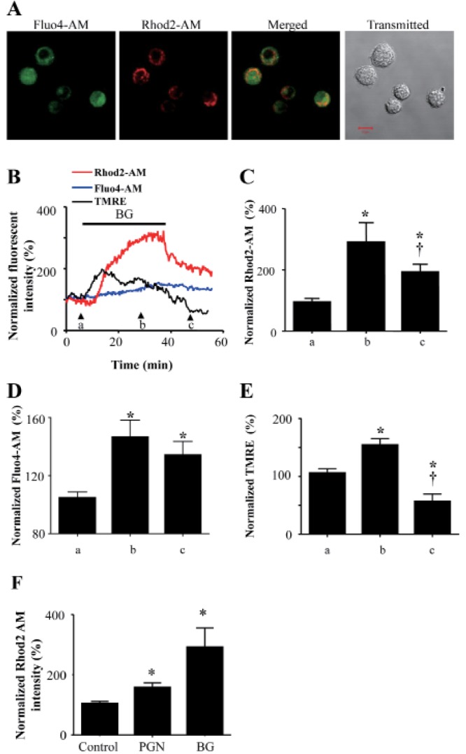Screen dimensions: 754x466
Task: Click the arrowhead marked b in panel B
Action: [x=141, y=315]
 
